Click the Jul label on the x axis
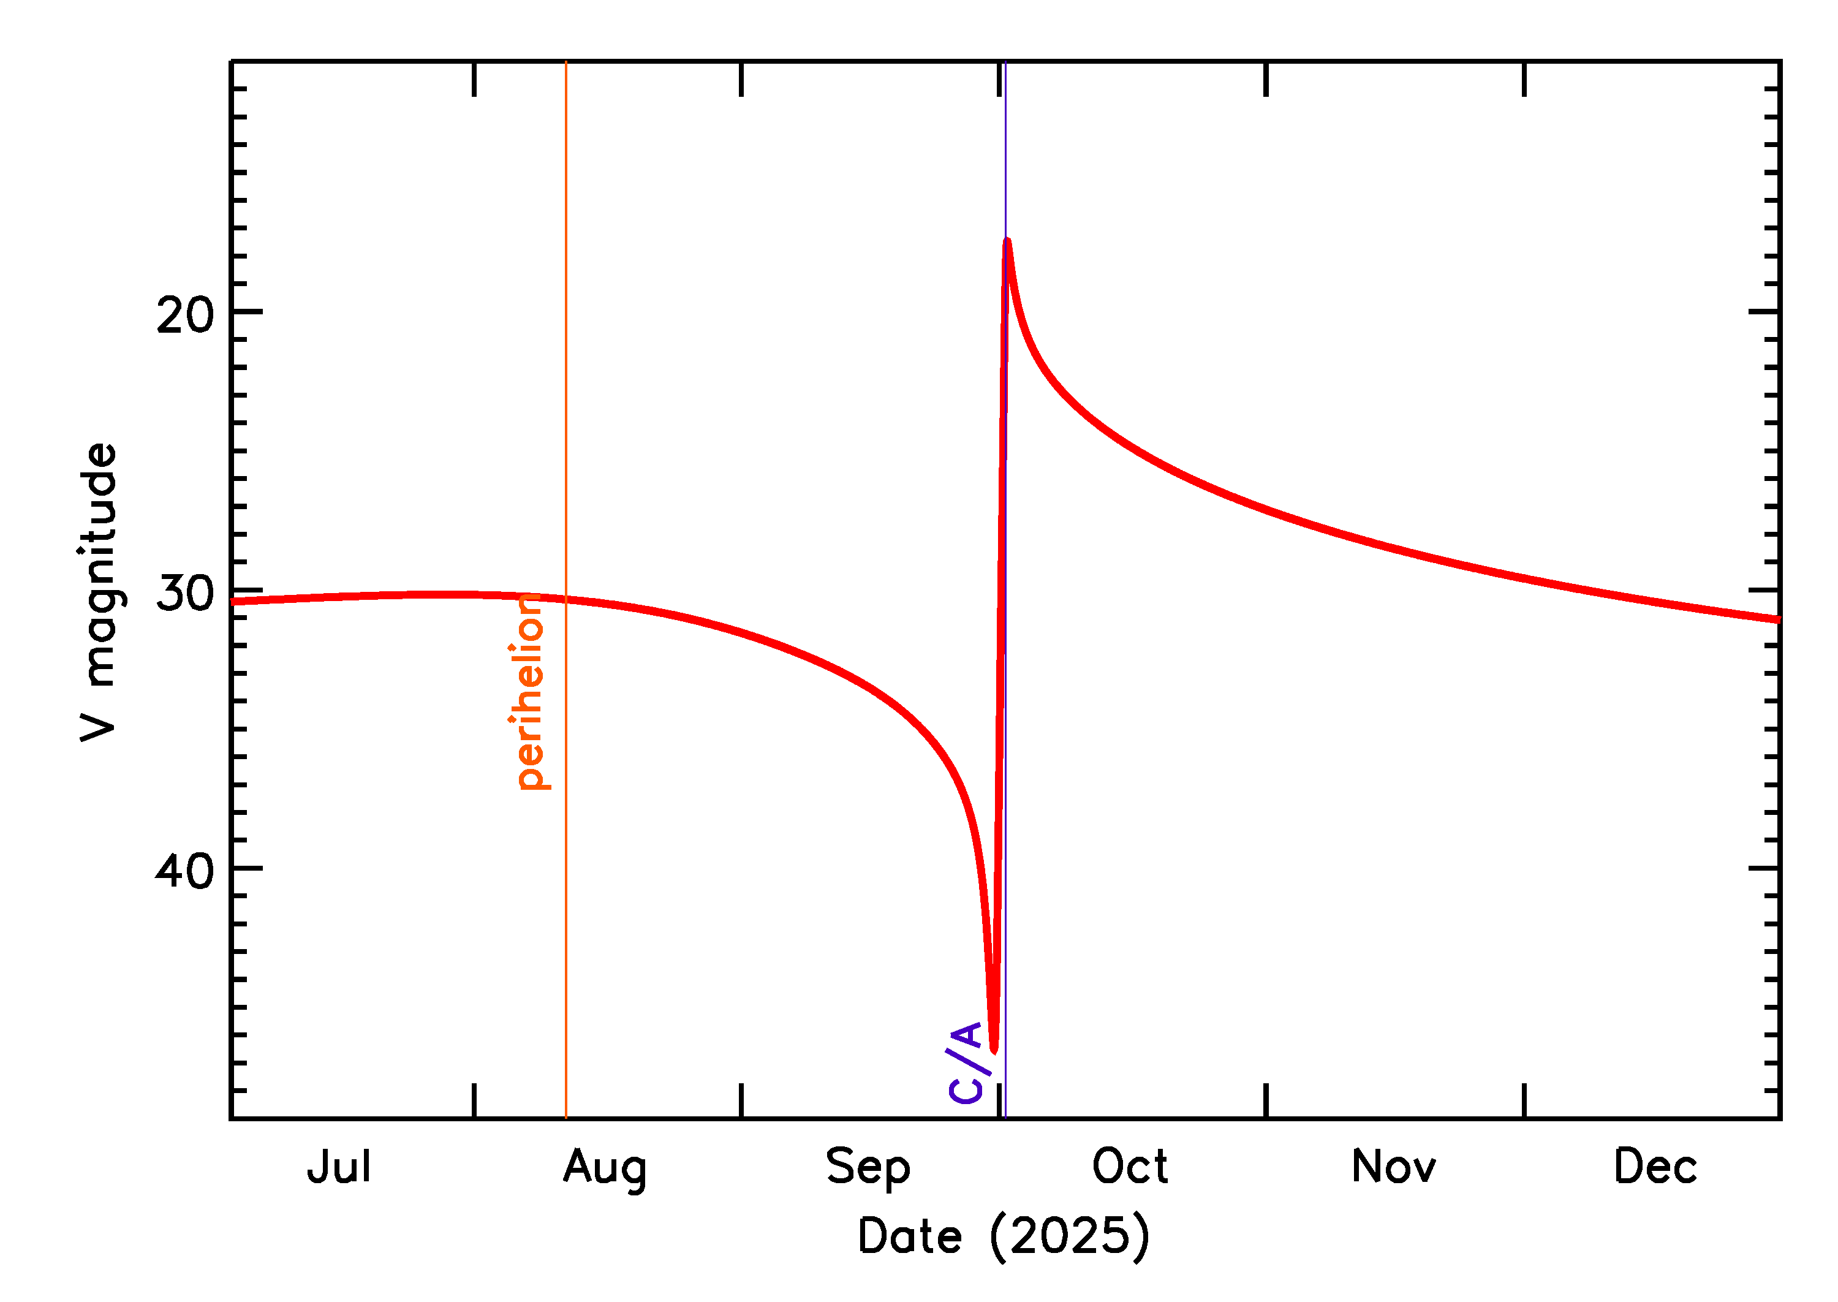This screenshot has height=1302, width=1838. click(x=339, y=1167)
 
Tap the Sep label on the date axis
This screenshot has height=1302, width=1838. click(x=868, y=1169)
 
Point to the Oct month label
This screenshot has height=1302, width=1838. click(x=1130, y=1167)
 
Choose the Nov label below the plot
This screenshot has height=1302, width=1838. click(x=1393, y=1167)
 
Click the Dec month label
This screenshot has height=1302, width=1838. click(x=1655, y=1167)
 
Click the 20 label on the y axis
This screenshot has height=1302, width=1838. click(x=185, y=315)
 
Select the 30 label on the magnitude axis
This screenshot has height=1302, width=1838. click(x=185, y=593)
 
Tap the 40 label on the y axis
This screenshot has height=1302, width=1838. click(x=185, y=871)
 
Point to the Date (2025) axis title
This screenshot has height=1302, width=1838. click(x=1004, y=1236)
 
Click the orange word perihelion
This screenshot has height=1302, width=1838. click(x=529, y=691)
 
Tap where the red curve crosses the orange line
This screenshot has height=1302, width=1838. click(x=566, y=599)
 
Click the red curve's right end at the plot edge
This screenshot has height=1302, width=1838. click(x=1778, y=619)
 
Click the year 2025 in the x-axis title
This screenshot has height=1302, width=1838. click(x=1069, y=1236)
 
